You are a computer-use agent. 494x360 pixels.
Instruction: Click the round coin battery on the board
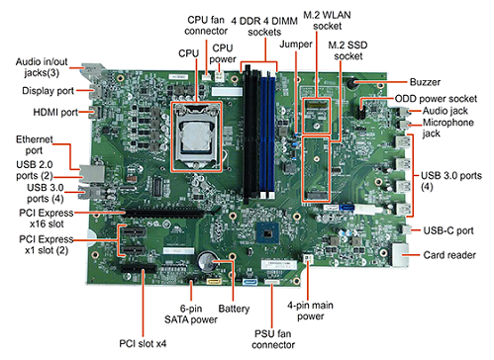point(208,261)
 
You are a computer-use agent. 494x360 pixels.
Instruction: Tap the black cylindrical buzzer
point(351,83)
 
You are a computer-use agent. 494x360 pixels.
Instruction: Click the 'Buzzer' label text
point(425,82)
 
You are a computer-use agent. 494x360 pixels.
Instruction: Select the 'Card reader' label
point(449,255)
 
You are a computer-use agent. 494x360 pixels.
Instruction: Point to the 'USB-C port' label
point(448,230)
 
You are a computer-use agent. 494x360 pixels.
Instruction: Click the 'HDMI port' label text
point(55,113)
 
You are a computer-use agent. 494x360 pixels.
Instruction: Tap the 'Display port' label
point(48,91)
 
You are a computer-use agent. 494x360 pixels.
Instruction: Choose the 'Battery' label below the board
point(234,309)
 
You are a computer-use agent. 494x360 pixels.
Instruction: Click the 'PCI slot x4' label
point(143,343)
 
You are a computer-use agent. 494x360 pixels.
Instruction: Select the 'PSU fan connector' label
point(273,339)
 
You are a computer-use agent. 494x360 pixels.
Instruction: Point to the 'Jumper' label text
point(296,45)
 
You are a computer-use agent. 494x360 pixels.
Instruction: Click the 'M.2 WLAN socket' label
point(327,21)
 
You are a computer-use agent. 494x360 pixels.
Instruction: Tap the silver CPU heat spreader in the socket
point(196,135)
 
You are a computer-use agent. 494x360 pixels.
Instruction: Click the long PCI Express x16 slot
point(170,212)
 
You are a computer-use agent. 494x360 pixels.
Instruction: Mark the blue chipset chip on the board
point(267,233)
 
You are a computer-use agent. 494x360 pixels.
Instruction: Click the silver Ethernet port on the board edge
point(92,173)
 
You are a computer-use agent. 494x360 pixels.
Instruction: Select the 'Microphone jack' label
point(448,128)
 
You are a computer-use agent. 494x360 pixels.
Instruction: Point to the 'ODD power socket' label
point(436,99)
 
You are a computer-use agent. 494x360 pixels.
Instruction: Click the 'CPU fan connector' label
point(206,26)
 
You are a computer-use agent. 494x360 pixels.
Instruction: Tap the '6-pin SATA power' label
point(191,315)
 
